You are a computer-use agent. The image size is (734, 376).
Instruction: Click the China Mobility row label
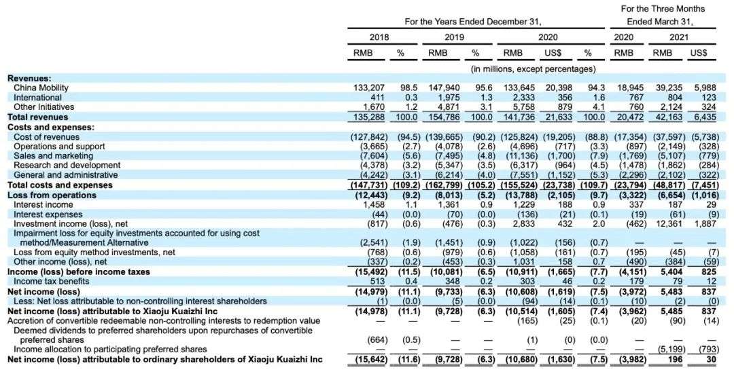[x=41, y=88]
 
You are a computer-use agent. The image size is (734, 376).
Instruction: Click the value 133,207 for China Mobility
[x=370, y=88]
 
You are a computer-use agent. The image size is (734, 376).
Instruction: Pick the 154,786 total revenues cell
[x=444, y=117]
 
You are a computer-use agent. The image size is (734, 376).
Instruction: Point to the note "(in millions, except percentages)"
[x=533, y=69]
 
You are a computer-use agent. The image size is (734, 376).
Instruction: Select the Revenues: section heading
[x=29, y=79]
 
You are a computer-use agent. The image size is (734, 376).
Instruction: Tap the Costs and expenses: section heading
[x=50, y=127]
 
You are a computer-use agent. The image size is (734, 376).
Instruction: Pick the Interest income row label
[x=43, y=204]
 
